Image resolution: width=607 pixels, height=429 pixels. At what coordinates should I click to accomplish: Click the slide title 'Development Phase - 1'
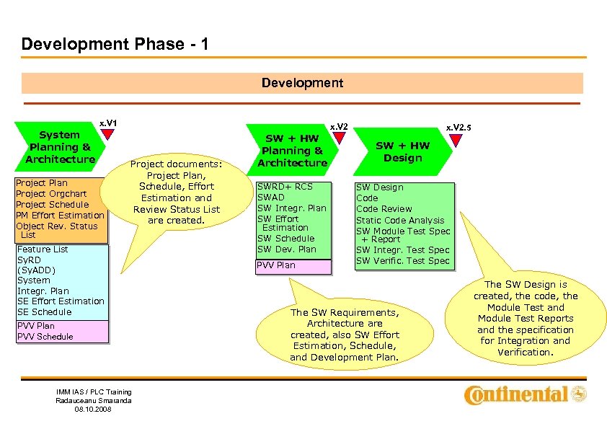point(115,44)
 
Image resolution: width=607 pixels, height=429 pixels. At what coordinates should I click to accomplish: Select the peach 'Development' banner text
point(302,83)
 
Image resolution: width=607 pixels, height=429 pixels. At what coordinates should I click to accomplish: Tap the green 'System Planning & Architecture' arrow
point(61,147)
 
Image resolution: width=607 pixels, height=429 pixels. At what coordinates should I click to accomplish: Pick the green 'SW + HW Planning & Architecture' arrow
point(292,151)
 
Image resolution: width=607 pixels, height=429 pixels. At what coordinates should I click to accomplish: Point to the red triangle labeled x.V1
point(107,135)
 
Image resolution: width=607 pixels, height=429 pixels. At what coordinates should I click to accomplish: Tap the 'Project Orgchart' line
point(51,194)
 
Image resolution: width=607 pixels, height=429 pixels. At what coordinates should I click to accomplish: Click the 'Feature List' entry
point(43,249)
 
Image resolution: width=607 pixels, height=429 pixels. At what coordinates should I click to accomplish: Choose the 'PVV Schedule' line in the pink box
point(45,337)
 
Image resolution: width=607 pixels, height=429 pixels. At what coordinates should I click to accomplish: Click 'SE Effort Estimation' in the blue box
point(61,301)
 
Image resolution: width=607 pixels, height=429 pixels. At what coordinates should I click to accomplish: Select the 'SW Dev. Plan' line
point(287,249)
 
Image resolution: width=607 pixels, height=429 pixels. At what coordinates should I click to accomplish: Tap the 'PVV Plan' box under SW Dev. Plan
point(276,265)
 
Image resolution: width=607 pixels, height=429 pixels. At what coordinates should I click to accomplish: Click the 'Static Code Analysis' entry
point(400,221)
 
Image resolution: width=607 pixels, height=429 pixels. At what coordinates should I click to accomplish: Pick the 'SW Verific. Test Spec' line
point(402,261)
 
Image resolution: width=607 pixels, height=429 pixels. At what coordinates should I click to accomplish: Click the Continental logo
point(526,394)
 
